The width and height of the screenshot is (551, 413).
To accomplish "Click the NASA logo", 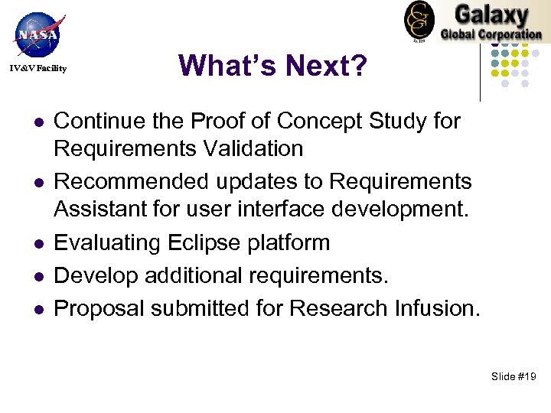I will (37, 34).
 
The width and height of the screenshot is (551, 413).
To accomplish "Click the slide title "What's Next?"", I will (272, 66).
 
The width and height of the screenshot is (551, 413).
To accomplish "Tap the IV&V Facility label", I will (38, 69).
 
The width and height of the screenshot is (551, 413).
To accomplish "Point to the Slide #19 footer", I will (514, 376).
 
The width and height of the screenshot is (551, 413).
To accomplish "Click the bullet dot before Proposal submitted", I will (36, 309).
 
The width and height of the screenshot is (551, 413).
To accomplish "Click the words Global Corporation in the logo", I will (491, 34).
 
